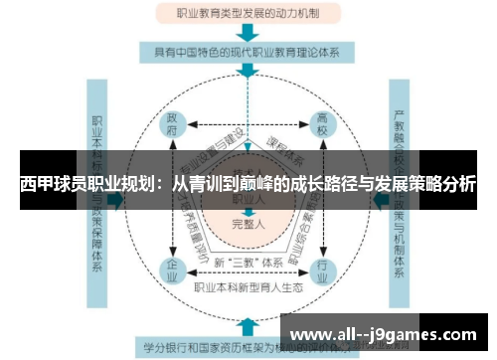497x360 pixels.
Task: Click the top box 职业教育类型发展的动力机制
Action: (247, 14)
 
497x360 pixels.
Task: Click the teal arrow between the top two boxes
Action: (247, 32)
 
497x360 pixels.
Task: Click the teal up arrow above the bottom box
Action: (247, 327)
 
